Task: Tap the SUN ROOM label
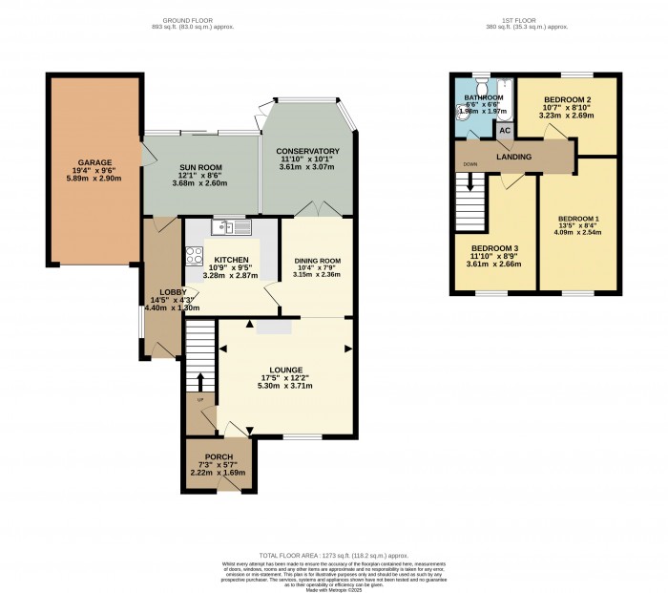201,167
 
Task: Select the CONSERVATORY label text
308,151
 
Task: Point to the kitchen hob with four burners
195,256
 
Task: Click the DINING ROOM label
316,261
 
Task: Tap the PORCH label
218,455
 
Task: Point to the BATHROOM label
485,98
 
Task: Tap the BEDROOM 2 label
569,100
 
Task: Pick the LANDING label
513,157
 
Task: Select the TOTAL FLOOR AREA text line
334,555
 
